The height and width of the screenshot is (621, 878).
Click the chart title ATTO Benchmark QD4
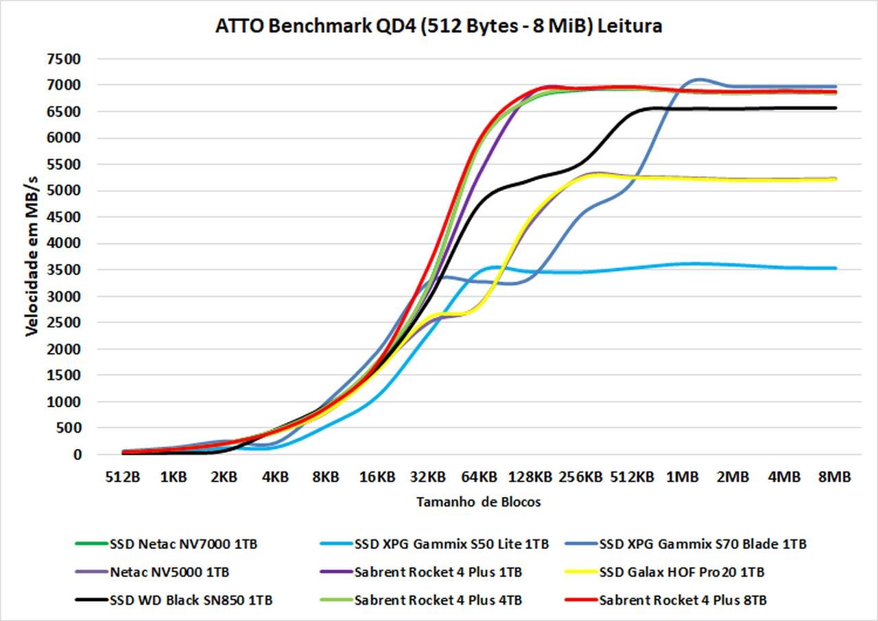click(439, 26)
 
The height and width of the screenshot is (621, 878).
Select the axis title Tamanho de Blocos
click(478, 502)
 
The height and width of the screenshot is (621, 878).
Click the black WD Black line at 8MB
click(834, 108)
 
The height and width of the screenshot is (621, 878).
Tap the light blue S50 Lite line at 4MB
click(783, 267)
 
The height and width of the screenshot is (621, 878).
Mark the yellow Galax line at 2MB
click(733, 180)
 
